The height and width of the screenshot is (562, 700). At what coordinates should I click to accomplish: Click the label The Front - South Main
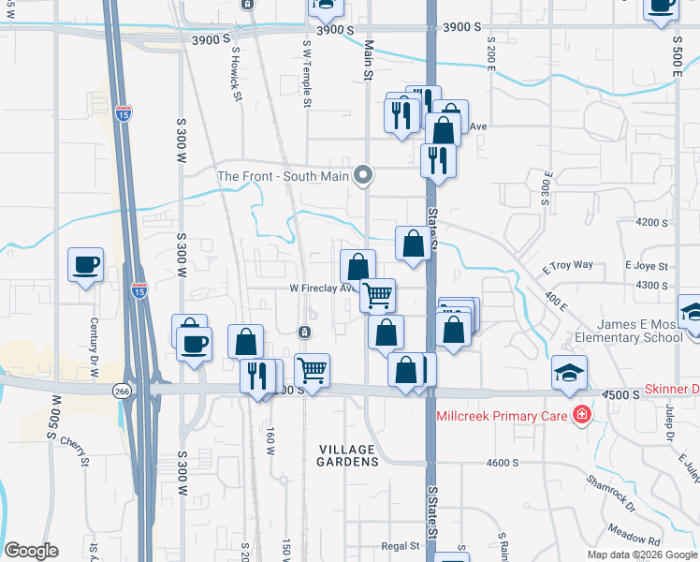pos(283,175)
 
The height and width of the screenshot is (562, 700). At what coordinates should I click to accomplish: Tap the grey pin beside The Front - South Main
pos(364,175)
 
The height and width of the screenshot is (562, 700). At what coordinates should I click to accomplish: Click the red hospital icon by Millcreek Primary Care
pos(581,413)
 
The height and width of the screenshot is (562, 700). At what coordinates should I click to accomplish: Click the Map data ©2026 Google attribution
pos(643,555)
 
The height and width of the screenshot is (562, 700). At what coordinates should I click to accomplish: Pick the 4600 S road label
pos(503,462)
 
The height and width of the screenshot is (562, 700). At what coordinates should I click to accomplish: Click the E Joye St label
pos(645,265)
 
